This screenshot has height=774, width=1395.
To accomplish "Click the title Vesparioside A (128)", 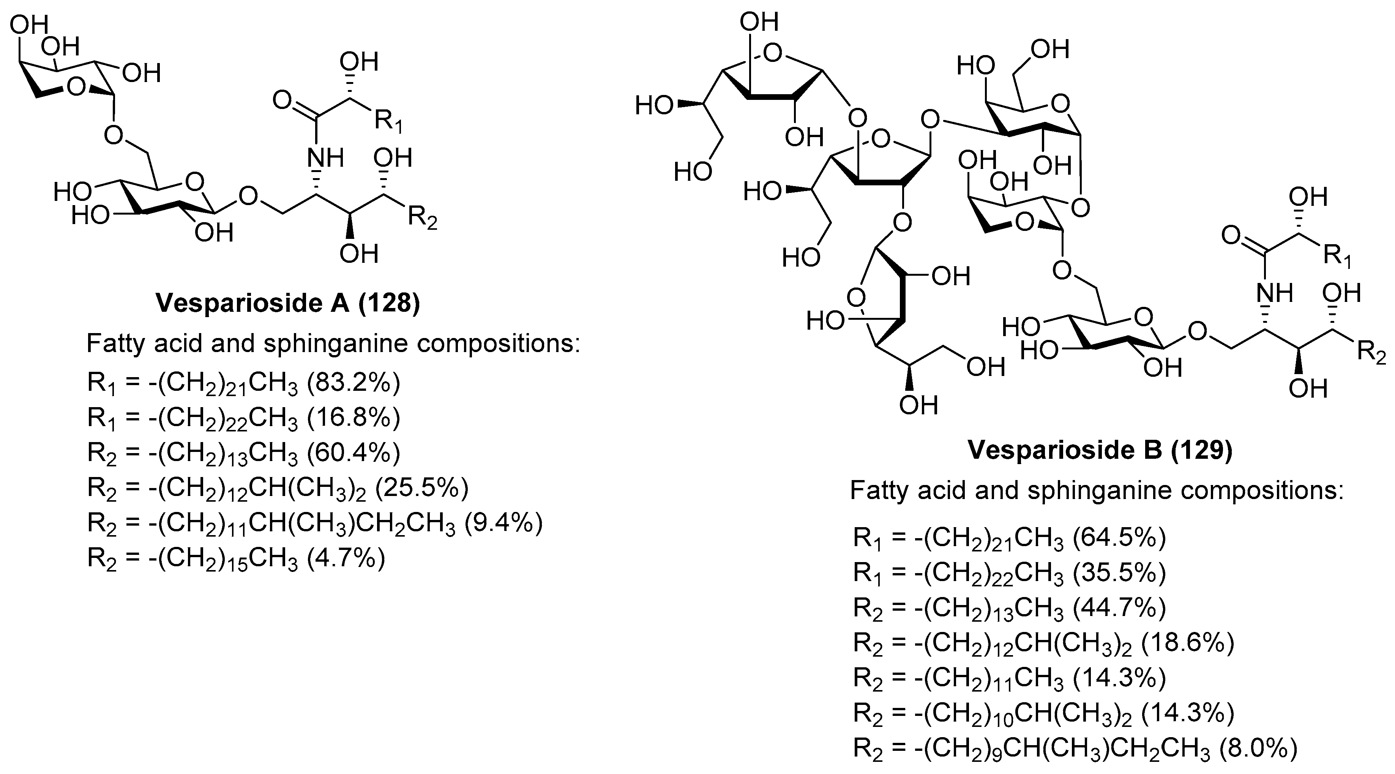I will point(287,303).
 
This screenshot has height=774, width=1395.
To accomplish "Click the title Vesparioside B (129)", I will point(1100,450).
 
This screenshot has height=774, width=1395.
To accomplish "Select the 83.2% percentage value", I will point(353,383).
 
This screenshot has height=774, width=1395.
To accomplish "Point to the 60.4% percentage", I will point(353,452).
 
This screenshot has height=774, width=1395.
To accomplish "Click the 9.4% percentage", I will point(503,523).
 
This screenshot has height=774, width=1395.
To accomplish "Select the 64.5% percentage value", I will point(1119,538).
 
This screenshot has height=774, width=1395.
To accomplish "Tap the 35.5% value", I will point(1119,572).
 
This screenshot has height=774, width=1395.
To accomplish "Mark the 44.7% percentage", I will point(1119,608).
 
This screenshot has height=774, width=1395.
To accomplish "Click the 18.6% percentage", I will point(1188,643).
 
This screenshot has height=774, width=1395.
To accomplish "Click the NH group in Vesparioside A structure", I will point(325,158).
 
